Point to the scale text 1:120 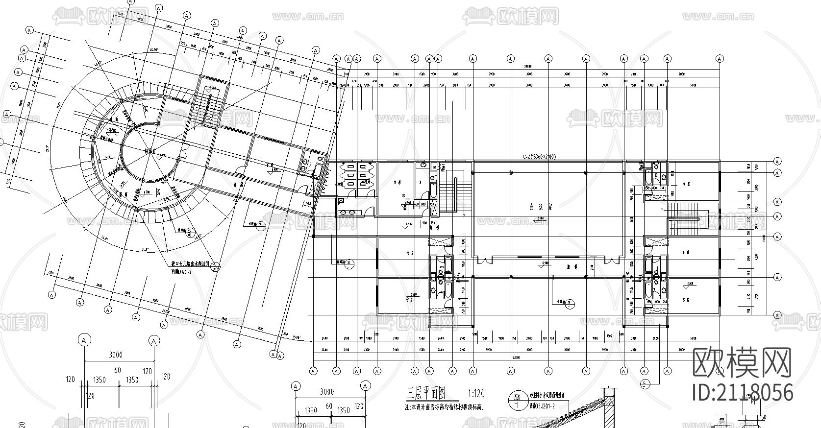pos(476,393)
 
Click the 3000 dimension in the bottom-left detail pos(116,355)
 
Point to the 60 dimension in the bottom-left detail pos(118,371)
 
